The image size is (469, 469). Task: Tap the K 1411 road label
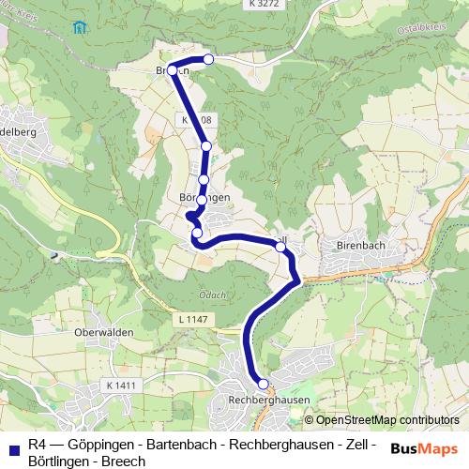click(x=121, y=386)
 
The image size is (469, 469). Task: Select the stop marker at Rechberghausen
click(x=264, y=383)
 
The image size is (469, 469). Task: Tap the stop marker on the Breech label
click(x=173, y=70)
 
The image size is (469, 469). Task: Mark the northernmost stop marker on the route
click(x=208, y=59)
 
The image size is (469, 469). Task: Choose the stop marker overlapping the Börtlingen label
click(x=202, y=199)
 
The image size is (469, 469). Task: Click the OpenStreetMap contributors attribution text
click(x=382, y=420)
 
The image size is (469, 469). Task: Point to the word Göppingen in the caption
click(x=98, y=443)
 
